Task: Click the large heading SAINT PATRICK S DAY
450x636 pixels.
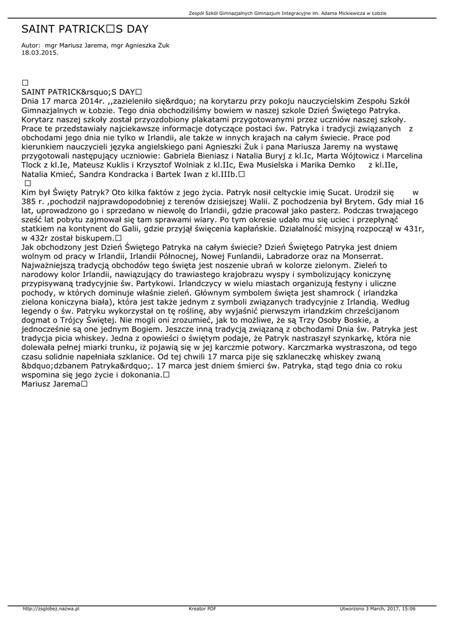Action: tap(84, 29)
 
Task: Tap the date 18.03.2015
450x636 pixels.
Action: tap(40, 53)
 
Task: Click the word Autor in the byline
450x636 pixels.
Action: tap(30, 45)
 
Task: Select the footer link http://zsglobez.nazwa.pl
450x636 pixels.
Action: tap(50, 609)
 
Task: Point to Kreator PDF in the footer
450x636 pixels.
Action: tap(202, 609)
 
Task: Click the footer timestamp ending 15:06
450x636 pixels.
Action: tap(377, 609)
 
